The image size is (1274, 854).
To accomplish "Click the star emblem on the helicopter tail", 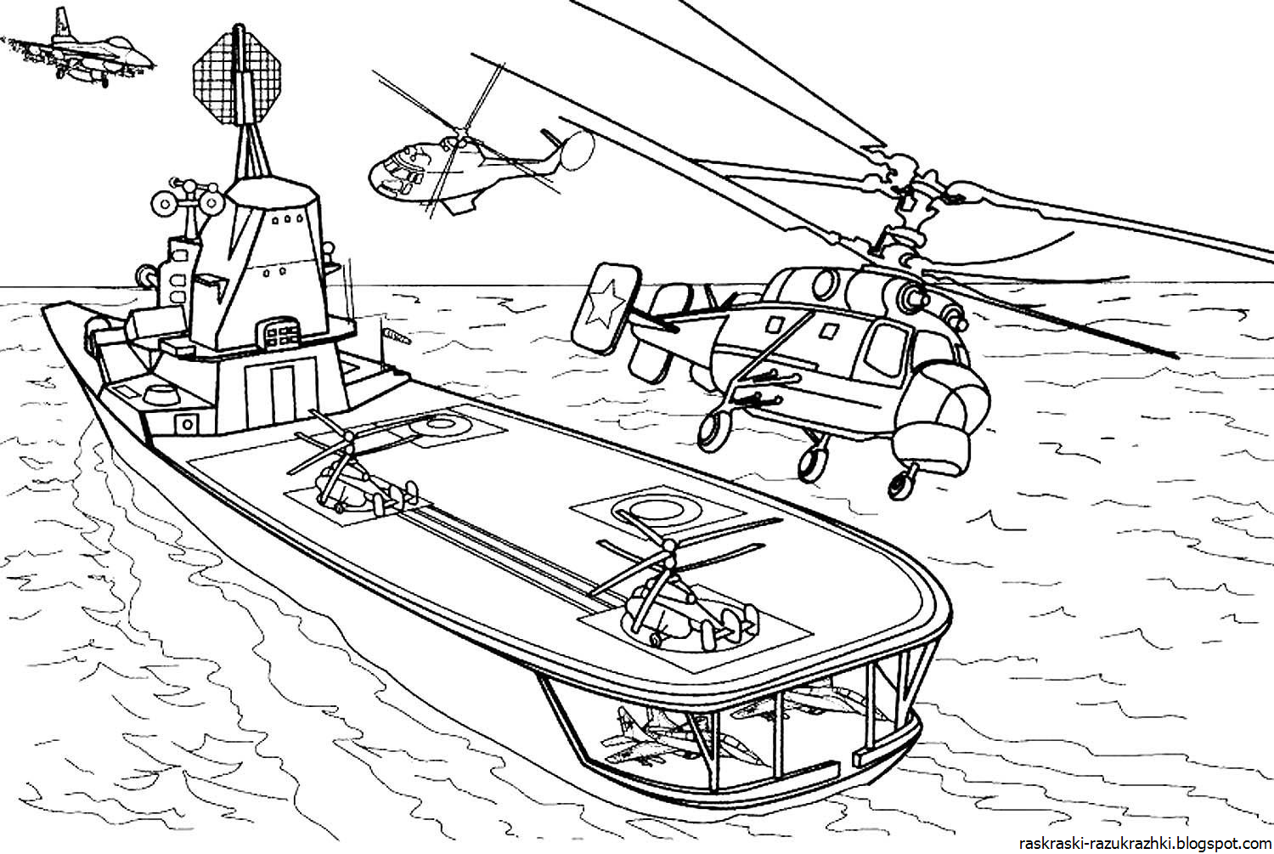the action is [x=605, y=309].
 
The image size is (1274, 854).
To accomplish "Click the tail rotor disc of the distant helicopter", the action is [x=577, y=150].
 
